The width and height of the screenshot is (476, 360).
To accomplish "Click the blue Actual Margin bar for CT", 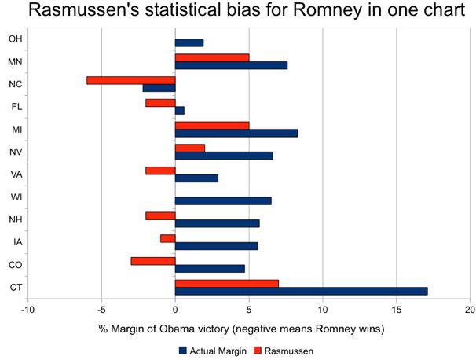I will pos(301,291).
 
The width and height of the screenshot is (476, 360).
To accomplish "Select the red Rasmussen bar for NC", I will pos(130,80).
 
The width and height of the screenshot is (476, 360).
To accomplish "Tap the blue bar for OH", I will pos(189,42).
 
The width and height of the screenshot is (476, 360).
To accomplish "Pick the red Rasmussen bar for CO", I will pos(152,260).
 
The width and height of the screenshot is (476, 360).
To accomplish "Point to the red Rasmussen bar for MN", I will pos(211,57).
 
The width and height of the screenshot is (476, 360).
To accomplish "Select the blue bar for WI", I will pos(223,200).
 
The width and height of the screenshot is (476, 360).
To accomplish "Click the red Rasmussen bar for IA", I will pos(167,238).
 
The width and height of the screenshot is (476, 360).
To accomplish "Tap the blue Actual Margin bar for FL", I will pos(179,110).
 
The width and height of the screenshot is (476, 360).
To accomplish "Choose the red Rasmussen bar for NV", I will pos(189,148).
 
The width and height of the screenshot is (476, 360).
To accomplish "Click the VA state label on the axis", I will pos(15,174).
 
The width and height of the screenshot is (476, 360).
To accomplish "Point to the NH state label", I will pos(15,219).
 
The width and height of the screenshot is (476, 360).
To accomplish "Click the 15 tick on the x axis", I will pos(396,310).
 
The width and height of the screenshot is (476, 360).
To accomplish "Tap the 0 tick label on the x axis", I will pos(175,310).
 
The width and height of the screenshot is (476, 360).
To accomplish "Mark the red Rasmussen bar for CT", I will pos(226,283).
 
